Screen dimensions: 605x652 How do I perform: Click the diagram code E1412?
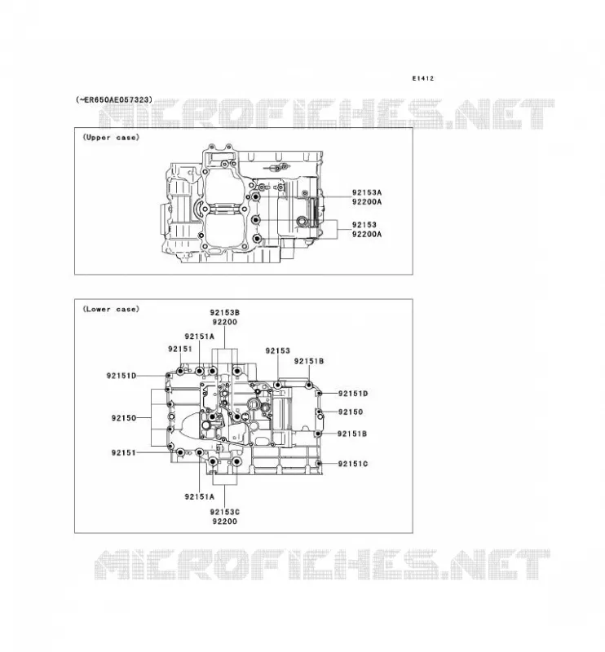point(422,78)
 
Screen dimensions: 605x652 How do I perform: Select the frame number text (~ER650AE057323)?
point(114,99)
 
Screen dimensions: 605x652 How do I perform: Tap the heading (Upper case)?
point(111,137)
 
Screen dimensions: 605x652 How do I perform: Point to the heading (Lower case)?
point(111,309)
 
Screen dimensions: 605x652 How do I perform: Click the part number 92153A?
point(367,192)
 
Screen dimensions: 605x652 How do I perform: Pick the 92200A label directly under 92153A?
point(367,201)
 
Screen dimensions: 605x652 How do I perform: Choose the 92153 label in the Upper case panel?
point(364,225)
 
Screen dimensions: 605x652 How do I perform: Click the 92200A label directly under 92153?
point(367,234)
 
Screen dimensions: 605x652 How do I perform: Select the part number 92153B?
point(225,313)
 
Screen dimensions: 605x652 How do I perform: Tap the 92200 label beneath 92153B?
point(225,322)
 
